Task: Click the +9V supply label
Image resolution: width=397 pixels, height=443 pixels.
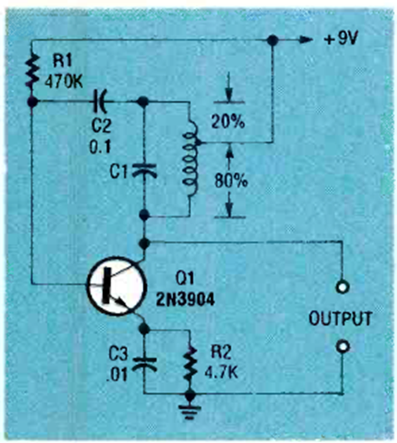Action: pyautogui.click(x=341, y=39)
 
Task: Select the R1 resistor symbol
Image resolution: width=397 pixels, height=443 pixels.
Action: pyautogui.click(x=32, y=71)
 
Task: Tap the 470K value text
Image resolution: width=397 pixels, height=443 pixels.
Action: pyautogui.click(x=64, y=82)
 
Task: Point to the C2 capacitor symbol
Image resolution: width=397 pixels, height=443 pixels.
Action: pyautogui.click(x=100, y=101)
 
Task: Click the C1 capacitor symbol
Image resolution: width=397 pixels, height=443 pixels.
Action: pyautogui.click(x=144, y=170)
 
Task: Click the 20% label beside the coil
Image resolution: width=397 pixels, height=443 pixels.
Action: pyautogui.click(x=228, y=122)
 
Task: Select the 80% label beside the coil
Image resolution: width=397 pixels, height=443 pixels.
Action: pyautogui.click(x=231, y=181)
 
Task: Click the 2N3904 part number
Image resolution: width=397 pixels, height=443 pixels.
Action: pyautogui.click(x=185, y=300)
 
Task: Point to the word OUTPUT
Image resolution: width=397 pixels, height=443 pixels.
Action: pyautogui.click(x=340, y=319)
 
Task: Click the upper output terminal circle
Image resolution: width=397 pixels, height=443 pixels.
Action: pyautogui.click(x=343, y=287)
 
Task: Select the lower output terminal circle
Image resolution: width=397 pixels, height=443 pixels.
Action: pyautogui.click(x=343, y=346)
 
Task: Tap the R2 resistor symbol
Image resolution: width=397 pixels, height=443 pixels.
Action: pyautogui.click(x=190, y=365)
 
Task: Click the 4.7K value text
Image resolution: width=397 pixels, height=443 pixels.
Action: pyautogui.click(x=221, y=373)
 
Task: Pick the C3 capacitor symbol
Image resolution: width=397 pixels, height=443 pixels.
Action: pyautogui.click(x=144, y=364)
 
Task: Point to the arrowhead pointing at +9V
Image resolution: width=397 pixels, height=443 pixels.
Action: pyautogui.click(x=305, y=40)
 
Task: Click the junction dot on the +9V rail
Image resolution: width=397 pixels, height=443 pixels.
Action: pyautogui.click(x=272, y=40)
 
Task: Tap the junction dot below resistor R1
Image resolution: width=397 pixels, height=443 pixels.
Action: pyautogui.click(x=32, y=101)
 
